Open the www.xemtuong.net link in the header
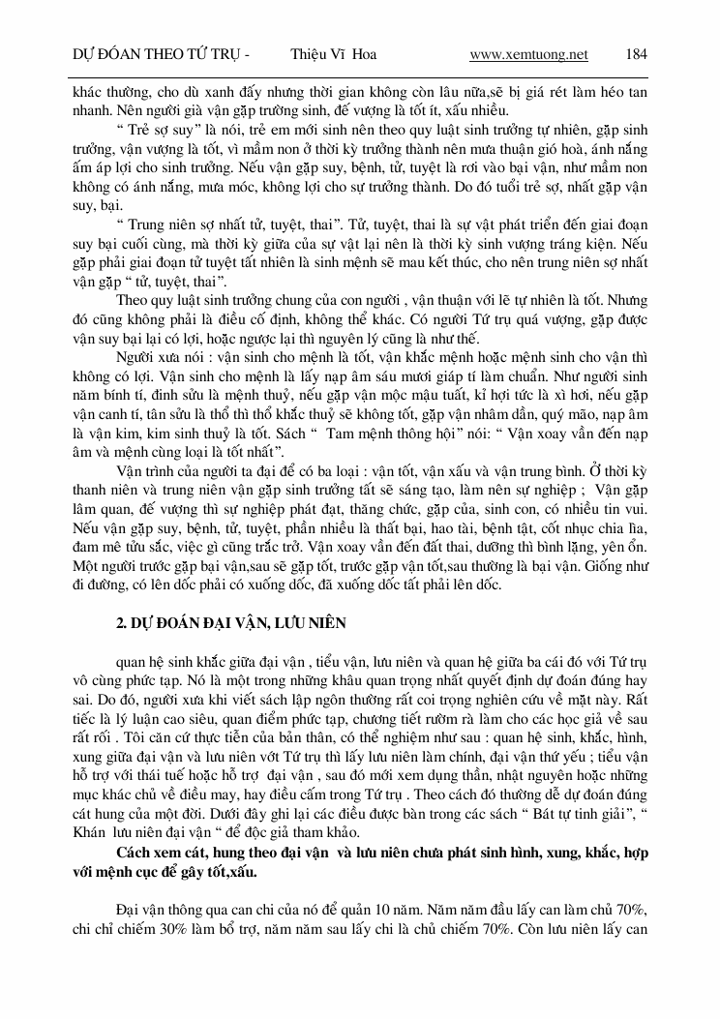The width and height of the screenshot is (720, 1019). tap(528, 54)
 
